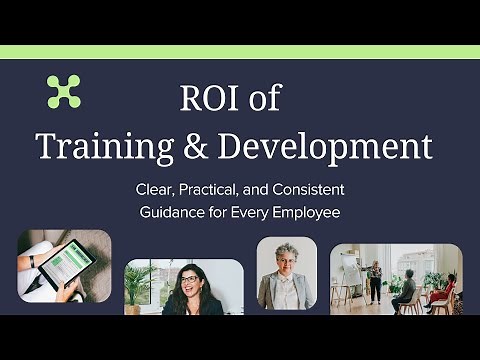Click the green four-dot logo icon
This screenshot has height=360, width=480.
(x=64, y=91)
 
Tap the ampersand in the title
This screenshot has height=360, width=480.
(x=190, y=147)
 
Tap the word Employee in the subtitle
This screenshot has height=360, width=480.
(x=305, y=212)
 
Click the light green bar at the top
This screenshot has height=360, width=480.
(x=240, y=52)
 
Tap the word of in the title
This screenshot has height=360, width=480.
(x=266, y=100)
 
